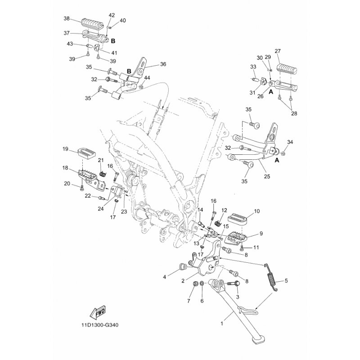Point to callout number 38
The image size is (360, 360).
click(x=67, y=18)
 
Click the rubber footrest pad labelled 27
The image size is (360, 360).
click(x=285, y=68)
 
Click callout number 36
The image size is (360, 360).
click(x=163, y=64)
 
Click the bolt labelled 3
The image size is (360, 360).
click(x=235, y=284)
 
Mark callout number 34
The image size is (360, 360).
click(x=290, y=142)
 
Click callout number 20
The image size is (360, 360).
click(x=67, y=184)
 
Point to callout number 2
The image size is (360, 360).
click(x=183, y=280)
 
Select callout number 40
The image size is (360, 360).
click(x=123, y=20)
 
